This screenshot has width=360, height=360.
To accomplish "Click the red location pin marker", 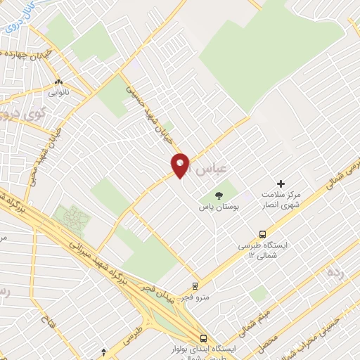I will [x=181, y=165].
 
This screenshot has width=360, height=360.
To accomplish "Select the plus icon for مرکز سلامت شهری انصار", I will [x=281, y=183].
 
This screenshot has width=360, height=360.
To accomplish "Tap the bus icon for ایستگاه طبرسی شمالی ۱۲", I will [x=263, y=234].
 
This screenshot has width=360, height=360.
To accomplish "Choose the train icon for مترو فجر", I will [x=195, y=286].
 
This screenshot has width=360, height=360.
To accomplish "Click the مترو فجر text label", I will [x=195, y=298].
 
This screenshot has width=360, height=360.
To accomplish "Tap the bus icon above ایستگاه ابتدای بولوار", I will [x=203, y=337].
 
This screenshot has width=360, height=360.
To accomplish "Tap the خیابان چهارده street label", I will [x=28, y=52].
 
